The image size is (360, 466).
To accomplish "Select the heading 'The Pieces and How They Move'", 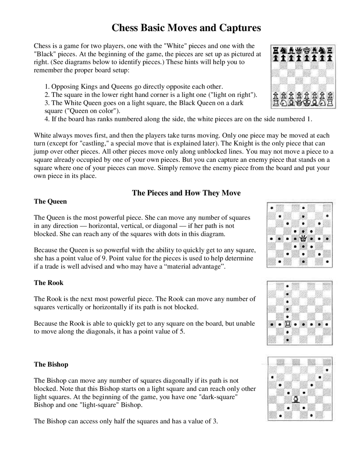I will click(x=186, y=193).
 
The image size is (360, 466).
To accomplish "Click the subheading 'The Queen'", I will click(x=50, y=201).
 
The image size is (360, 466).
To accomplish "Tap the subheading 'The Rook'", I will click(x=49, y=283).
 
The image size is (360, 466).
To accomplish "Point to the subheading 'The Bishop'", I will click(x=51, y=364).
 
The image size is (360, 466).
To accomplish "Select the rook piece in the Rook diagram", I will click(x=287, y=324).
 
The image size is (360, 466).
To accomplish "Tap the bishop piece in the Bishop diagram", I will click(x=296, y=399).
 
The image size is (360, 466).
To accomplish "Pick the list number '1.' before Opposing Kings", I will click(x=47, y=87).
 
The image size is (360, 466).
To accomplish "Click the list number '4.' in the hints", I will click(x=47, y=119).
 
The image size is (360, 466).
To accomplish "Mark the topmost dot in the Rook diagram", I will click(x=287, y=286).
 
